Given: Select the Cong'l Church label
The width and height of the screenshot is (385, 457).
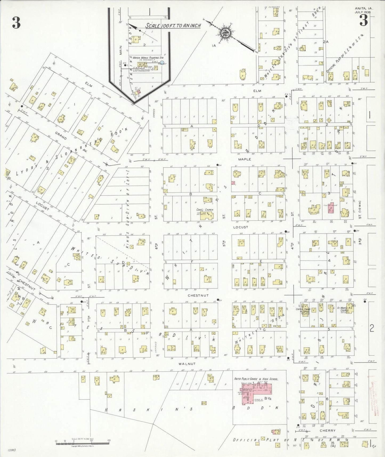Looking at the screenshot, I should coord(205,210).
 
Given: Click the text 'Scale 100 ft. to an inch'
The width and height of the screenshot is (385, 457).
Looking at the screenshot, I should coord(173,26).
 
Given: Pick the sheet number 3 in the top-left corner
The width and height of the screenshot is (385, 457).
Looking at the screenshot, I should coord(16,23).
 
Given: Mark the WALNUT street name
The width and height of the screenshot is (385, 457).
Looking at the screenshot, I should coord(187,364).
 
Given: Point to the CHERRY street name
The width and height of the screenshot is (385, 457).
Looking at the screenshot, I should coord(328,431).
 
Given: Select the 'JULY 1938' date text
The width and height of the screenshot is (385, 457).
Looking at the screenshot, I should coord(364,12).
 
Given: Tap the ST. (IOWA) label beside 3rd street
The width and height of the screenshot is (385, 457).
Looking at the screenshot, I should coord(360,210).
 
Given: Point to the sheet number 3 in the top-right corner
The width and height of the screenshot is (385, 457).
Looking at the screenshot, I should coord(364,21).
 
